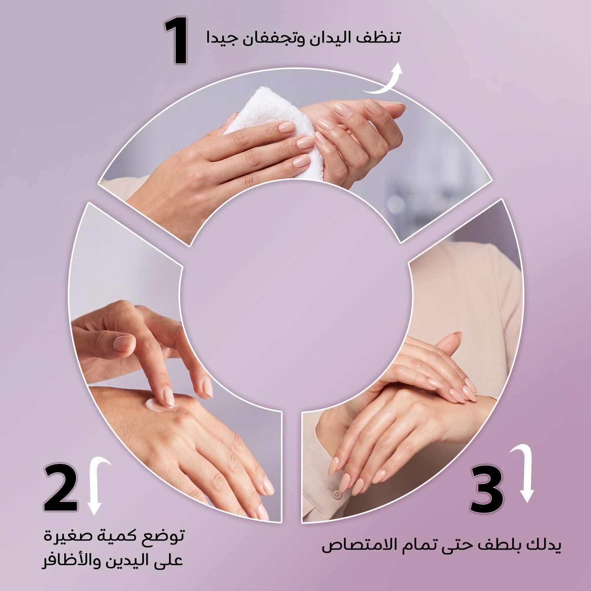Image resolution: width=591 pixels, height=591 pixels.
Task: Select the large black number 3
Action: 487,489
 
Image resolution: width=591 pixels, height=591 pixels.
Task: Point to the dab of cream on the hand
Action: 156,405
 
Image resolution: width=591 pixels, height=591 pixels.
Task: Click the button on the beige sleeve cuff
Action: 335,493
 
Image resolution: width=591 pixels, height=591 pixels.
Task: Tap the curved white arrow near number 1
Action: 388,81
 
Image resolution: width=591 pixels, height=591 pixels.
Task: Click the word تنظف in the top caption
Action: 377,39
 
